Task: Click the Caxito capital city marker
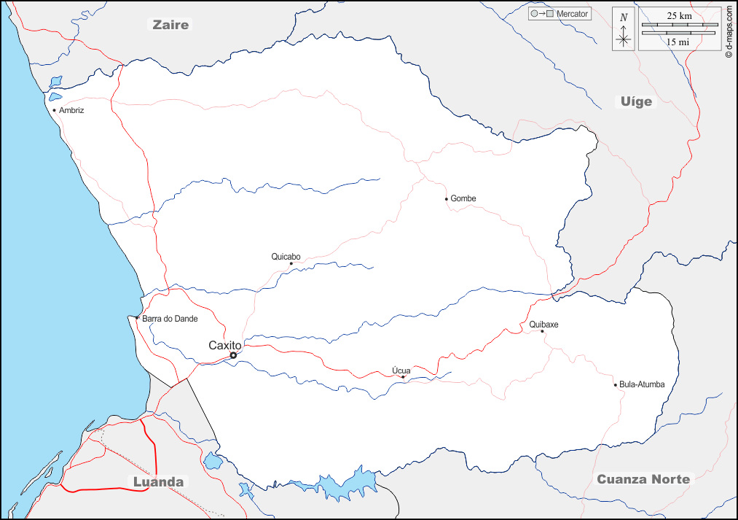point(233,355)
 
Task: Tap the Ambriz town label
point(72,110)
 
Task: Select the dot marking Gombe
point(447,198)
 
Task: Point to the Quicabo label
point(286,256)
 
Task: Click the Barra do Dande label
point(170,319)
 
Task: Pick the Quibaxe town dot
point(542,331)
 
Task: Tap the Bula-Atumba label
point(642,384)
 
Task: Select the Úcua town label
point(401,370)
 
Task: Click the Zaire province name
point(170,25)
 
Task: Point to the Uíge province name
point(636,101)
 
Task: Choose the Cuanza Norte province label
point(643,479)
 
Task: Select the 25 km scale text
point(679,15)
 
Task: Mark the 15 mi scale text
point(678,42)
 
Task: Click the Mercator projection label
point(572,14)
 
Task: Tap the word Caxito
point(224,345)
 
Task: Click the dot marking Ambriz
point(54,111)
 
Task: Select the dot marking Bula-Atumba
point(615,384)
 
